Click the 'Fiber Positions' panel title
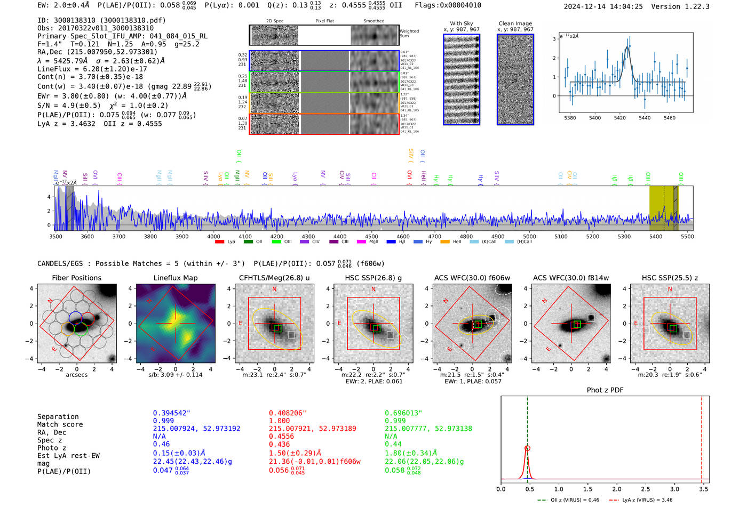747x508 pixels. tap(76, 278)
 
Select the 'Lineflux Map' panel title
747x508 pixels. tap(175, 278)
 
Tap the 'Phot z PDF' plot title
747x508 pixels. tap(605, 390)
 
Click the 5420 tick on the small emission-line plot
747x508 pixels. tap(619, 118)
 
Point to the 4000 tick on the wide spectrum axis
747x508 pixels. tap(213, 237)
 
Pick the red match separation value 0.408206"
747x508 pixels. tap(288, 413)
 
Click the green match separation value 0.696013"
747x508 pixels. tap(403, 413)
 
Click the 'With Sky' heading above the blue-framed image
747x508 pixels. tap(461, 23)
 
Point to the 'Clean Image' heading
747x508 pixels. tap(515, 23)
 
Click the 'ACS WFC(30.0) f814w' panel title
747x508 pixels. tap(570, 278)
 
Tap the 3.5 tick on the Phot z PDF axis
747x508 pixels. tap(704, 489)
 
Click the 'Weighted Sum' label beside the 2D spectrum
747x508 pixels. tap(409, 34)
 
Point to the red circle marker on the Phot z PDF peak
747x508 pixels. tap(527, 449)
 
